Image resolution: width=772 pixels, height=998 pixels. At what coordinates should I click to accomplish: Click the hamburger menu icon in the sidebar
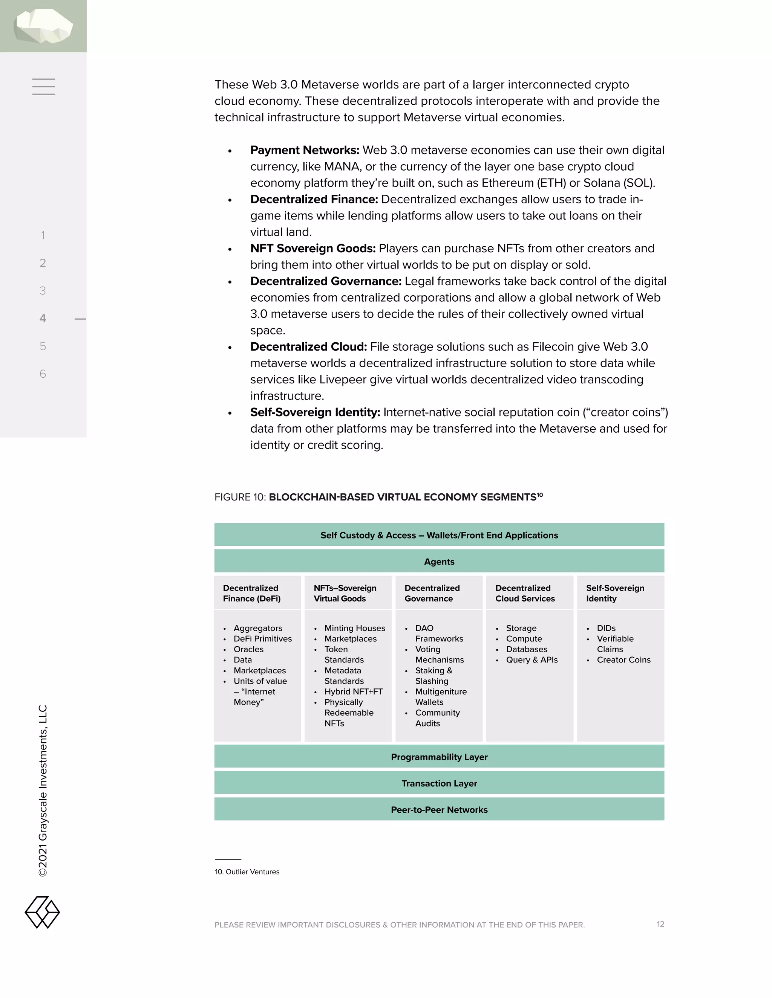[x=43, y=86]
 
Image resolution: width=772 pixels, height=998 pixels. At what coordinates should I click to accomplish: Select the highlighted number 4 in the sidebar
[x=43, y=319]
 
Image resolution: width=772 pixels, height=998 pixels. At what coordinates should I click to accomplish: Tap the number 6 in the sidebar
[x=43, y=374]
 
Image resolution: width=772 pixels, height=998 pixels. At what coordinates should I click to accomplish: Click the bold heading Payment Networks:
[x=305, y=150]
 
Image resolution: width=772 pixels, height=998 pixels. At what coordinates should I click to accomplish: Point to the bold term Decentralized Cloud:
[x=308, y=347]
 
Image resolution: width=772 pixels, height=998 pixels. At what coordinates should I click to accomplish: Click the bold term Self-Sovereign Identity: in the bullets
[x=315, y=412]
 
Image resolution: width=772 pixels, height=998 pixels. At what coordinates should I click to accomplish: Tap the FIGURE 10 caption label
[x=240, y=497]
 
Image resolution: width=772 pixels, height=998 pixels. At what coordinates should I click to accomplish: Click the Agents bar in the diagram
[x=439, y=562]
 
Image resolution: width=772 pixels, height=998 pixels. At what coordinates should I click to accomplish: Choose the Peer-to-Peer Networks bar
[x=439, y=810]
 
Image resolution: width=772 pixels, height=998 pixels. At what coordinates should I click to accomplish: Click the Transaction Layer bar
[x=439, y=783]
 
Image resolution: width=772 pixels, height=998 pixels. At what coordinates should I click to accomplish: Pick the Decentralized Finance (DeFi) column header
[x=252, y=593]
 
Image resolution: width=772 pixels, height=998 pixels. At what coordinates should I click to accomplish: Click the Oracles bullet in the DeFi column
[x=248, y=649]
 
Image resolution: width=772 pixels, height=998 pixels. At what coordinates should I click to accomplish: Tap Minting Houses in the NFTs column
[x=354, y=628]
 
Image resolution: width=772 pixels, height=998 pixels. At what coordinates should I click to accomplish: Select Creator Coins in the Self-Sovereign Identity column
[x=623, y=660]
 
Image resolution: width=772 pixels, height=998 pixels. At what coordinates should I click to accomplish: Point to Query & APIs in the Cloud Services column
[x=532, y=660]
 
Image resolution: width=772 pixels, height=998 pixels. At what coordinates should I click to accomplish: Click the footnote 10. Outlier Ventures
[x=247, y=872]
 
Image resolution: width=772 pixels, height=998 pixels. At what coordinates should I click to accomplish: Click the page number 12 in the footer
[x=660, y=924]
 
